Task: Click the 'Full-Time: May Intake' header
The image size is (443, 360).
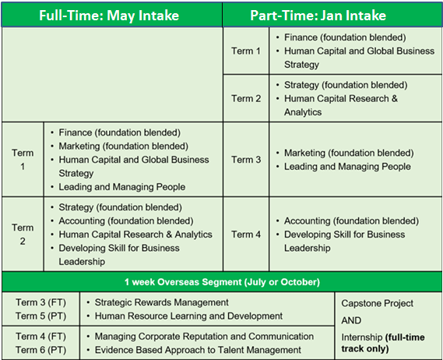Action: [x=109, y=16]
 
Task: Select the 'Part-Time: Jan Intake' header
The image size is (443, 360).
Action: [x=318, y=16]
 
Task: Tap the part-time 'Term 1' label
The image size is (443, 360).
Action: [x=246, y=51]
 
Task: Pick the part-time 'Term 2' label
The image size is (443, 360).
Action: [x=246, y=98]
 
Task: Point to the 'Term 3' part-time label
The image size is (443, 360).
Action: [x=246, y=160]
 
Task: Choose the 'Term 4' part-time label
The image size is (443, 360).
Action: [x=246, y=234]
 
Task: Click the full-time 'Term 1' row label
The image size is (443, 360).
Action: [x=23, y=160]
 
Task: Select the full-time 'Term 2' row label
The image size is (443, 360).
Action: [x=23, y=234]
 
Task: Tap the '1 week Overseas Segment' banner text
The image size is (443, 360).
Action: [x=222, y=282]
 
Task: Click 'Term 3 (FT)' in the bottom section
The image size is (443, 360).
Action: [x=40, y=302]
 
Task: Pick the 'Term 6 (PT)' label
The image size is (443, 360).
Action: [x=40, y=350]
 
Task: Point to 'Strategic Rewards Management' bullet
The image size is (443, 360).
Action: [x=162, y=302]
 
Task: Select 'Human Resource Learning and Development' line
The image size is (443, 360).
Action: [x=188, y=316]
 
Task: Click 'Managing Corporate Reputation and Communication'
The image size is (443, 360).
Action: [x=204, y=337]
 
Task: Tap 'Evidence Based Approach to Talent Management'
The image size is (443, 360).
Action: [x=198, y=350]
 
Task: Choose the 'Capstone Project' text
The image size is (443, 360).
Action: [x=377, y=303]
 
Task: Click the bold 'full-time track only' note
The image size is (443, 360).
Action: [x=383, y=343]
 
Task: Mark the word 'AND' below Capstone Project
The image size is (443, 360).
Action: [x=351, y=320]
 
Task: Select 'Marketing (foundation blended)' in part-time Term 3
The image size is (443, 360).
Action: [x=349, y=153]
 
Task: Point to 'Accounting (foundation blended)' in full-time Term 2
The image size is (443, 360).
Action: [x=126, y=221]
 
